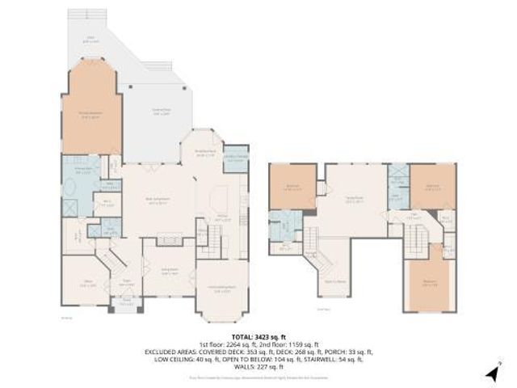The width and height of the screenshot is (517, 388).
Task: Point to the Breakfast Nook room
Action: pos(205,154)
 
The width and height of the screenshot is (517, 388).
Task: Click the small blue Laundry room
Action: pos(235,160)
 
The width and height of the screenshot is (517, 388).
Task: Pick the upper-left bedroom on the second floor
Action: pos(293,188)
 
